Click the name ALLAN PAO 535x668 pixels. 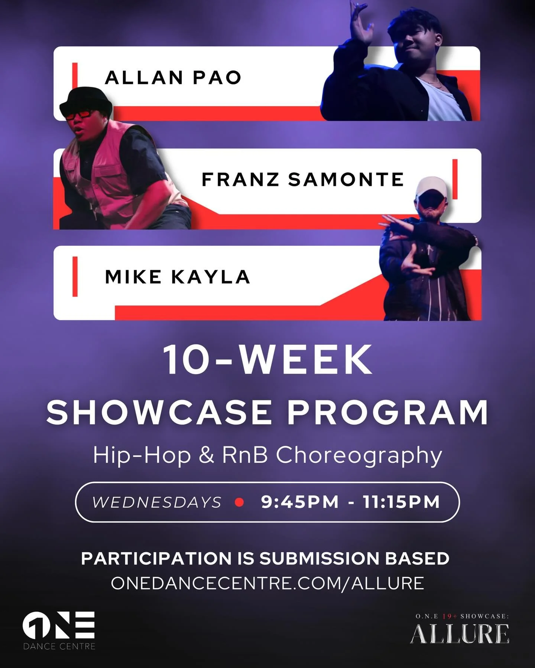[x=173, y=78]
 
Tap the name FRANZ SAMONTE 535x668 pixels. [x=302, y=180]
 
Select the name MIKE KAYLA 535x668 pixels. [x=177, y=277]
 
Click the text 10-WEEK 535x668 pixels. [x=267, y=360]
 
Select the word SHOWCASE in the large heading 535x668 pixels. [x=159, y=413]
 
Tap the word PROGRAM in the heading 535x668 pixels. [x=388, y=413]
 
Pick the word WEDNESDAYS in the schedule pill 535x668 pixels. [x=157, y=502]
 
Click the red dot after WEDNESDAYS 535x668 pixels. [x=240, y=502]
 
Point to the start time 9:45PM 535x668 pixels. [x=300, y=502]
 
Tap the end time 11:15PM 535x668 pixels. [x=401, y=502]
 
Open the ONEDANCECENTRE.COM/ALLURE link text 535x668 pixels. [x=267, y=583]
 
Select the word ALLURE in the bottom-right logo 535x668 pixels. [x=460, y=634]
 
